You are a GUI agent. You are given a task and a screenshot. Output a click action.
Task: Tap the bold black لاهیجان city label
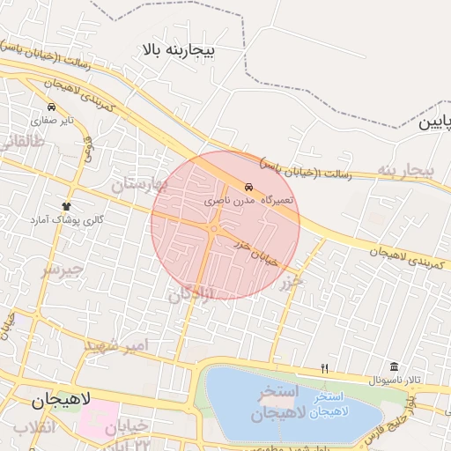point(61,400)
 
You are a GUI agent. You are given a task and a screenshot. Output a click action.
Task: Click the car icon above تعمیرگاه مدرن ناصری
point(249,188)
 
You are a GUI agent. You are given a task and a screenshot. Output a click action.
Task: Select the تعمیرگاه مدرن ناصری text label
point(251,201)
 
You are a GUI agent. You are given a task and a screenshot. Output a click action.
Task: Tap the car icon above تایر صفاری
point(52,107)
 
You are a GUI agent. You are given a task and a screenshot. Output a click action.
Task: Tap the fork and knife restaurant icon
point(324,368)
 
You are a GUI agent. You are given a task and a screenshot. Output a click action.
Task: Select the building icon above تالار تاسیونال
point(393,366)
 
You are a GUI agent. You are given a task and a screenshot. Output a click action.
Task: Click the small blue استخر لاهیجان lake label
point(330,411)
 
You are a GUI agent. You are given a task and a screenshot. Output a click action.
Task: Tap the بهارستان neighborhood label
point(137,184)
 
